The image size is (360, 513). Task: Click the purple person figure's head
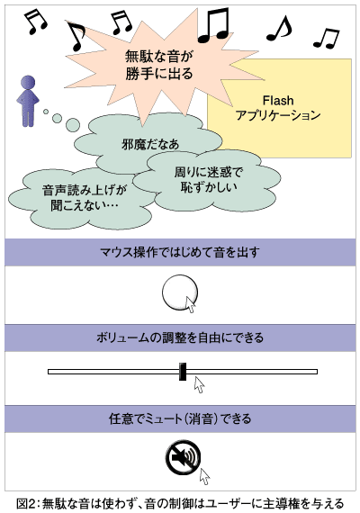[x=28, y=83]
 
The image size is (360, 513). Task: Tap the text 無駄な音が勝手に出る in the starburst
[x=159, y=65]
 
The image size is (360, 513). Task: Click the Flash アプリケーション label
[x=278, y=108]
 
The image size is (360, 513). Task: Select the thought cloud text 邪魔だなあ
[x=150, y=144]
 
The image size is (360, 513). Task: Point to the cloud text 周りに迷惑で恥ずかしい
[x=209, y=179]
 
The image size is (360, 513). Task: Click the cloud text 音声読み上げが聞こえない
[x=85, y=198]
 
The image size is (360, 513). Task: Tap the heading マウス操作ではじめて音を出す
[x=180, y=252]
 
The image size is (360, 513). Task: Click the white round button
[x=180, y=292]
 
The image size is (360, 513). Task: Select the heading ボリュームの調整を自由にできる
[x=180, y=337]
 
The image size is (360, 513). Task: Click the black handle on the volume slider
[x=183, y=372]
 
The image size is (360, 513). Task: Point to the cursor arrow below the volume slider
[x=199, y=384]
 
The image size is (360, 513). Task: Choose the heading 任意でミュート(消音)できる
[x=180, y=418]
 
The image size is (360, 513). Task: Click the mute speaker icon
[x=183, y=457]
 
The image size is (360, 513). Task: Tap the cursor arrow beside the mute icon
[x=205, y=476]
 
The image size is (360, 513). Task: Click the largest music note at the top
[x=213, y=25]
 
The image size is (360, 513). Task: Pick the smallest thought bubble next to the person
[x=46, y=112]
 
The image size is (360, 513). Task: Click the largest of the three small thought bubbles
[x=72, y=123]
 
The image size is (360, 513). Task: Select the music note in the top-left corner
[x=36, y=22]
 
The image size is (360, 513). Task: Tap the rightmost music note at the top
[x=327, y=39]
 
